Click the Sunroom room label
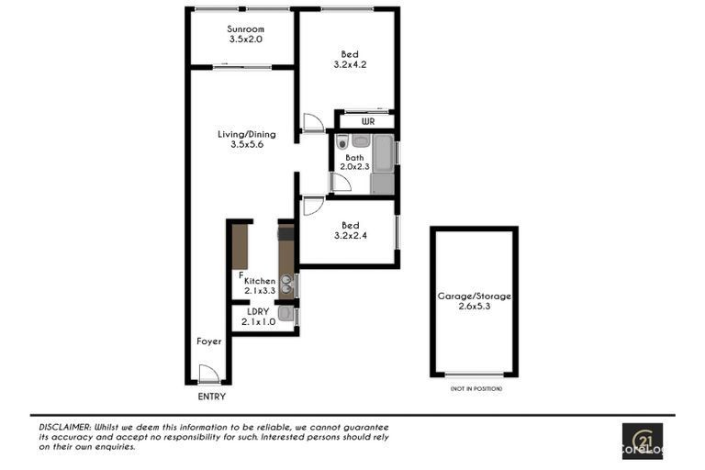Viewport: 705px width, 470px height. tap(245, 29)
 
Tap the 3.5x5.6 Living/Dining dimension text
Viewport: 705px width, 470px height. tap(247, 144)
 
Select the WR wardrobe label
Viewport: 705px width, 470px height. tap(368, 121)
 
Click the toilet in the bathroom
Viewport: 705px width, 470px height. tap(342, 142)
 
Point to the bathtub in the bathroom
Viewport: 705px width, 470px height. tap(384, 153)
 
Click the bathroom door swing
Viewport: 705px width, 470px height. tap(341, 183)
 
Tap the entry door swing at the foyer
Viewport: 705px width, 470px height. tap(208, 374)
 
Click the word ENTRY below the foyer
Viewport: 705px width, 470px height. tap(212, 397)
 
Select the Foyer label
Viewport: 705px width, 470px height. tap(209, 341)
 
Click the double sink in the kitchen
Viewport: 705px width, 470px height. tap(286, 285)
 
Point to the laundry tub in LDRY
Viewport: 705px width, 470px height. tap(285, 313)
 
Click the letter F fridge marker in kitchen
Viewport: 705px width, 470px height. tap(241, 274)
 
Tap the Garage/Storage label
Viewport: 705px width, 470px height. tap(475, 297)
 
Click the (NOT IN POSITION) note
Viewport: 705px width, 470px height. tap(476, 388)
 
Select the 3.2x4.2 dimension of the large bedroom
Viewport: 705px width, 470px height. tap(350, 64)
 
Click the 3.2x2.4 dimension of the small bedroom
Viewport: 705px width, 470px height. tap(351, 235)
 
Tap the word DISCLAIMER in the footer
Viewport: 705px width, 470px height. tap(64, 427)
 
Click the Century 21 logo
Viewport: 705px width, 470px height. tap(643, 441)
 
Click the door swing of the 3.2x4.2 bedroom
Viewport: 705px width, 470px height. tap(313, 122)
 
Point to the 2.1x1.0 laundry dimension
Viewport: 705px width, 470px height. tap(259, 322)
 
